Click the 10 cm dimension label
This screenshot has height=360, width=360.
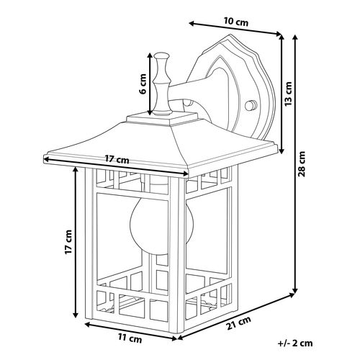click(236, 22)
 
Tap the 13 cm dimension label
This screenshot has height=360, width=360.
click(288, 94)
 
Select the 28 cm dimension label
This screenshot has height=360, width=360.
click(302, 164)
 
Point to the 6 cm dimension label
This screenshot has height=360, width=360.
click(143, 84)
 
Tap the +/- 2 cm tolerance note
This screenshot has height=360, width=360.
click(295, 343)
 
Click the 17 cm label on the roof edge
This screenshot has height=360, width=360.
click(117, 159)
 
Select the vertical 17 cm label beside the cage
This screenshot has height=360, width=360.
click(68, 242)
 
